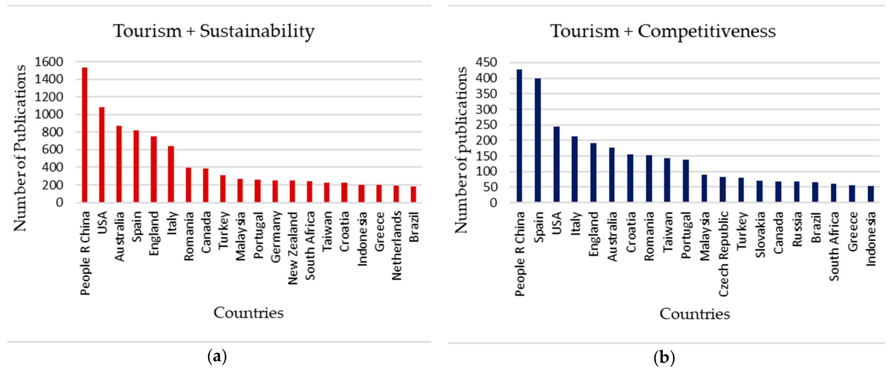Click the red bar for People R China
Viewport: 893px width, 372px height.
point(84,135)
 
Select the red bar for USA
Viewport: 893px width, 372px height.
point(102,155)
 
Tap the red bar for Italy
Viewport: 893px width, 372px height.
point(171,174)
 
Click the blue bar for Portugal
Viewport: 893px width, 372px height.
point(685,181)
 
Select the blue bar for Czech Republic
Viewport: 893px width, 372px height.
point(722,189)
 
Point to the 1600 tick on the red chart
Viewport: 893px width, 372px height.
point(49,62)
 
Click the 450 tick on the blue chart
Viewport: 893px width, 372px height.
point(486,63)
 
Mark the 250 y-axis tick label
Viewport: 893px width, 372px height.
point(486,125)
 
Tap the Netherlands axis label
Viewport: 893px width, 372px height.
point(397,246)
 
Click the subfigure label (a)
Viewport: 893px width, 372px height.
point(217,356)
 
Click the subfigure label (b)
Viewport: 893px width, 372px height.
point(664,357)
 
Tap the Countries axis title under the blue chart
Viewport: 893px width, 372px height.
point(694,314)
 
